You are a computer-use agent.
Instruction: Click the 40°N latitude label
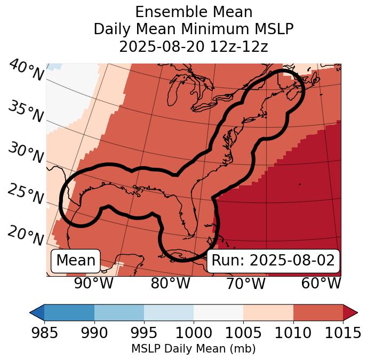26,71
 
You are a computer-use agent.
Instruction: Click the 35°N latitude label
26,111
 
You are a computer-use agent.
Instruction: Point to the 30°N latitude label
26,153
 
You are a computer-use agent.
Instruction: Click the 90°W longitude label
94,284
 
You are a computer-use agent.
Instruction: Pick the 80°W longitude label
170,284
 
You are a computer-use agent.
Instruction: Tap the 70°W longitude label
245,284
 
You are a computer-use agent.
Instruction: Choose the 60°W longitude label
321,284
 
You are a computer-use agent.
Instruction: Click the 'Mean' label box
76,261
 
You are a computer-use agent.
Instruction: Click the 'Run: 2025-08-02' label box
273,261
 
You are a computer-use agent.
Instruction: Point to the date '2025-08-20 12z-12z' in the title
194,46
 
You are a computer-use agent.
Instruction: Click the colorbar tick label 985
45,333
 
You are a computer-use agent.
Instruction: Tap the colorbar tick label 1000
194,333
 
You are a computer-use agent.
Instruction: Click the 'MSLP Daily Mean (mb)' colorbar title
194,349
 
